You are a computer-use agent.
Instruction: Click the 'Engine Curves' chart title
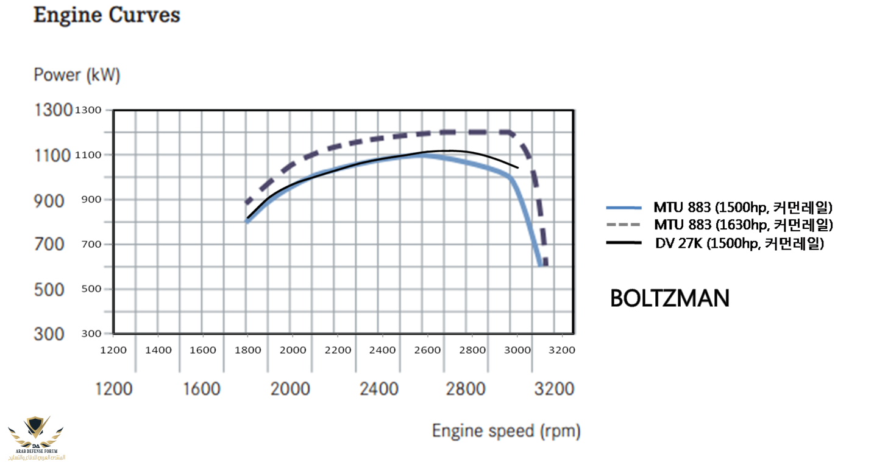pos(107,15)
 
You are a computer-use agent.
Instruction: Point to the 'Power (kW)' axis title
pos(77,75)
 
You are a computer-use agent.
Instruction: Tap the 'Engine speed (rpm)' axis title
pos(506,431)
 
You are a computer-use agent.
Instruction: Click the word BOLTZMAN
pos(669,298)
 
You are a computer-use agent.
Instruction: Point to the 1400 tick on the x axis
pos(158,350)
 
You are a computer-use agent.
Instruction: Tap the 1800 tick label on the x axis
pos(247,350)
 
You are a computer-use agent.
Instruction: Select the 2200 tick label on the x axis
pos(338,350)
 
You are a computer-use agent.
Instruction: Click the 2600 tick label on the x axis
pos(427,350)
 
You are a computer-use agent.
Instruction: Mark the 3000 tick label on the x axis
pos(517,350)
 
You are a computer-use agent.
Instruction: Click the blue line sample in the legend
pos(624,207)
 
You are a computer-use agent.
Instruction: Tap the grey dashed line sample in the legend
pos(624,225)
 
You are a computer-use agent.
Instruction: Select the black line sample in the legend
pos(624,243)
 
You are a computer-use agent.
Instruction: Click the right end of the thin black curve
pos(518,167)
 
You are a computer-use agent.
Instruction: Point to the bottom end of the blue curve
pos(540,265)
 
